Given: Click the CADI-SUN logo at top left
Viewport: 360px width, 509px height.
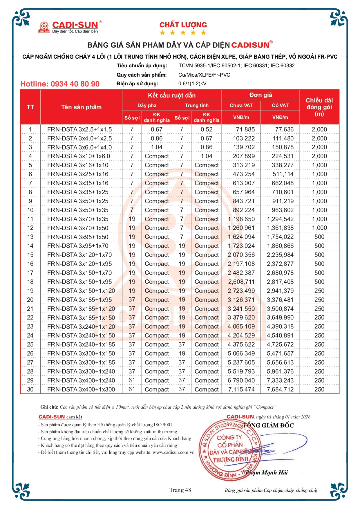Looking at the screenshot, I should click(x=70, y=27).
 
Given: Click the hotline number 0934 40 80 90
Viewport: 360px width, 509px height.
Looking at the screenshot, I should click(x=60, y=84).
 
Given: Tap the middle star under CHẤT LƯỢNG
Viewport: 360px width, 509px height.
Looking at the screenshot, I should click(x=183, y=33).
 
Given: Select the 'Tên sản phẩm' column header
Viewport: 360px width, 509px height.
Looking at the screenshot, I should click(x=81, y=107).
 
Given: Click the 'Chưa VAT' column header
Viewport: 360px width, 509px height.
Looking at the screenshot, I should click(x=241, y=105).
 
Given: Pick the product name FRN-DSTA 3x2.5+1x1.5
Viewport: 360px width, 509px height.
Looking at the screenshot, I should click(x=79, y=129).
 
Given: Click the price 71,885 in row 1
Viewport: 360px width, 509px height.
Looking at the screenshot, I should click(x=245, y=129).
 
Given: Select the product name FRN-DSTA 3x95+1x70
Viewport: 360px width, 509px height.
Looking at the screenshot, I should click(x=78, y=246).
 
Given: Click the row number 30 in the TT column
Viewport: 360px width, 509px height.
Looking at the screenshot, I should click(x=30, y=389).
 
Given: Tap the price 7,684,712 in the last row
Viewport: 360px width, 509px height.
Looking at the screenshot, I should click(x=280, y=389).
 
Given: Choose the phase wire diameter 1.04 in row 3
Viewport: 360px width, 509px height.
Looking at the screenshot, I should click(x=157, y=147).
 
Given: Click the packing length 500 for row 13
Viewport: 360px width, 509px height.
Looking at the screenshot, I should click(x=319, y=237).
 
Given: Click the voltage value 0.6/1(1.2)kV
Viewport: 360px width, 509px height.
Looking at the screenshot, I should click(x=192, y=84).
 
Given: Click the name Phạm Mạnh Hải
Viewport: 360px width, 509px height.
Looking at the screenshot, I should click(x=267, y=473).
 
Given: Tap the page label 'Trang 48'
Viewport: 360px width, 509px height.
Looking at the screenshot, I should click(x=180, y=490).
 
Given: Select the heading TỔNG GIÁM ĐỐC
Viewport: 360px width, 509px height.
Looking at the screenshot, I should click(x=268, y=425).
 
